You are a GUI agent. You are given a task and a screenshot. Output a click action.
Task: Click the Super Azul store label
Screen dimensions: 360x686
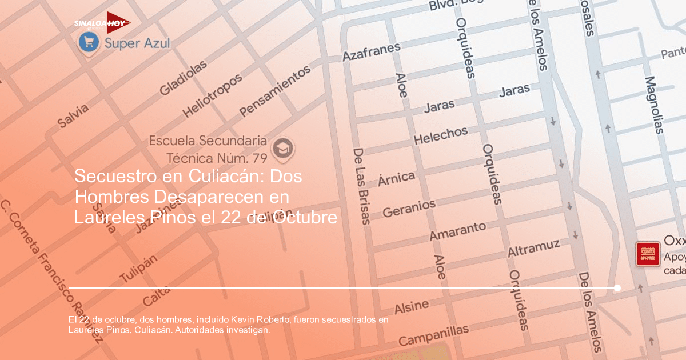pos(138,43)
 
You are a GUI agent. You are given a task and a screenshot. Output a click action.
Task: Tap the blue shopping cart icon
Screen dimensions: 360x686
pos(89,41)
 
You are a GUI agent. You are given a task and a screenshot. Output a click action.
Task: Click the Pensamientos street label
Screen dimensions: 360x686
pos(275,90)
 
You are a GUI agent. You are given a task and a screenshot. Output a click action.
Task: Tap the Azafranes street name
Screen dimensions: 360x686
pos(371,51)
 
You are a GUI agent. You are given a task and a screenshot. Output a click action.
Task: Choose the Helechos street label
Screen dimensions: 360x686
pos(440,135)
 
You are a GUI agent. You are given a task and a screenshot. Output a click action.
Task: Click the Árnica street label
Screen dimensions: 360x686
pos(396,178)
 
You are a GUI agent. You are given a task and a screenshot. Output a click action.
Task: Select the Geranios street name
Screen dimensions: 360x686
pos(409,208)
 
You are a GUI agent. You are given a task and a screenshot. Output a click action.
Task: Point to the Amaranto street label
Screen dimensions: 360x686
pos(457,231)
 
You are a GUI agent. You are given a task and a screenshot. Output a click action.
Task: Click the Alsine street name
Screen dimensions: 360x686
pos(412,307)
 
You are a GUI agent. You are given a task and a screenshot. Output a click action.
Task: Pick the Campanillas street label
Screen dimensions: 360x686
pos(434,335)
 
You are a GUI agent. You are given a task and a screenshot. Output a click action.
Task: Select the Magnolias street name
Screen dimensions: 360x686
pos(654,105)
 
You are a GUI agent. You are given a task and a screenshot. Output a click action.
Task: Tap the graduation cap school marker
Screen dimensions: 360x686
pos(282,147)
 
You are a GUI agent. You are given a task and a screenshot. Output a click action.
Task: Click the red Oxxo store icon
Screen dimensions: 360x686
pos(648,253)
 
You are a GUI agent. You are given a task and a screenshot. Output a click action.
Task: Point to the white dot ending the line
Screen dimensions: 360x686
pos(617,288)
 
